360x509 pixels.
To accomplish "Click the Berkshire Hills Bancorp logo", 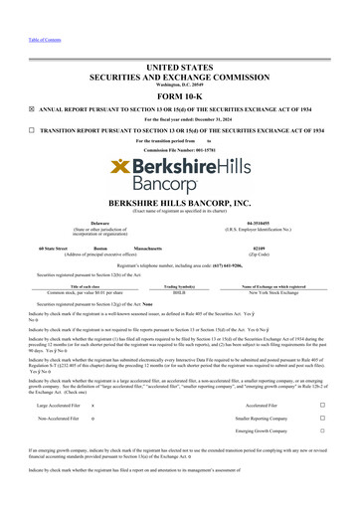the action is [179, 164].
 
